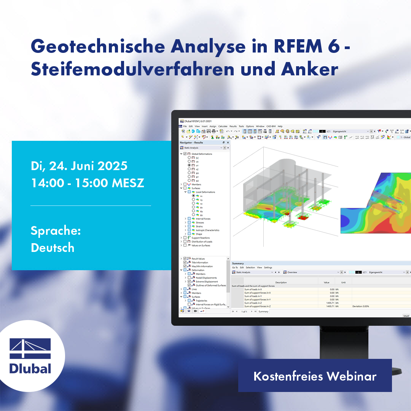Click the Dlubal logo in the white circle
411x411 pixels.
pos(30,356)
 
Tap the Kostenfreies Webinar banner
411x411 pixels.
pos(315,376)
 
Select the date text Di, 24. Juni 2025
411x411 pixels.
pos(79,166)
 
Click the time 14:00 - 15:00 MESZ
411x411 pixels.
pos(88,183)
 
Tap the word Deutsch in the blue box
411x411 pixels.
pos(53,248)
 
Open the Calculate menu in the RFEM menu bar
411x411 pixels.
pos(223,126)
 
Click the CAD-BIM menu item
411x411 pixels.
pos(271,126)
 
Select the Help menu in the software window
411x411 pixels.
pos(280,126)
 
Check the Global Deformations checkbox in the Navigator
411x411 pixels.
pos(185,154)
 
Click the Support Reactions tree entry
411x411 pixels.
pos(201,238)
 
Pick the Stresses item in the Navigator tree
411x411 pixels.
pos(200,223)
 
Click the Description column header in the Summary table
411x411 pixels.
pos(281,282)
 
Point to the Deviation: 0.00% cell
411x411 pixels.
pos(360,306)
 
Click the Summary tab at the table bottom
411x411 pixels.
pos(263,311)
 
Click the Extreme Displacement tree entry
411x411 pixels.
pos(207,282)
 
